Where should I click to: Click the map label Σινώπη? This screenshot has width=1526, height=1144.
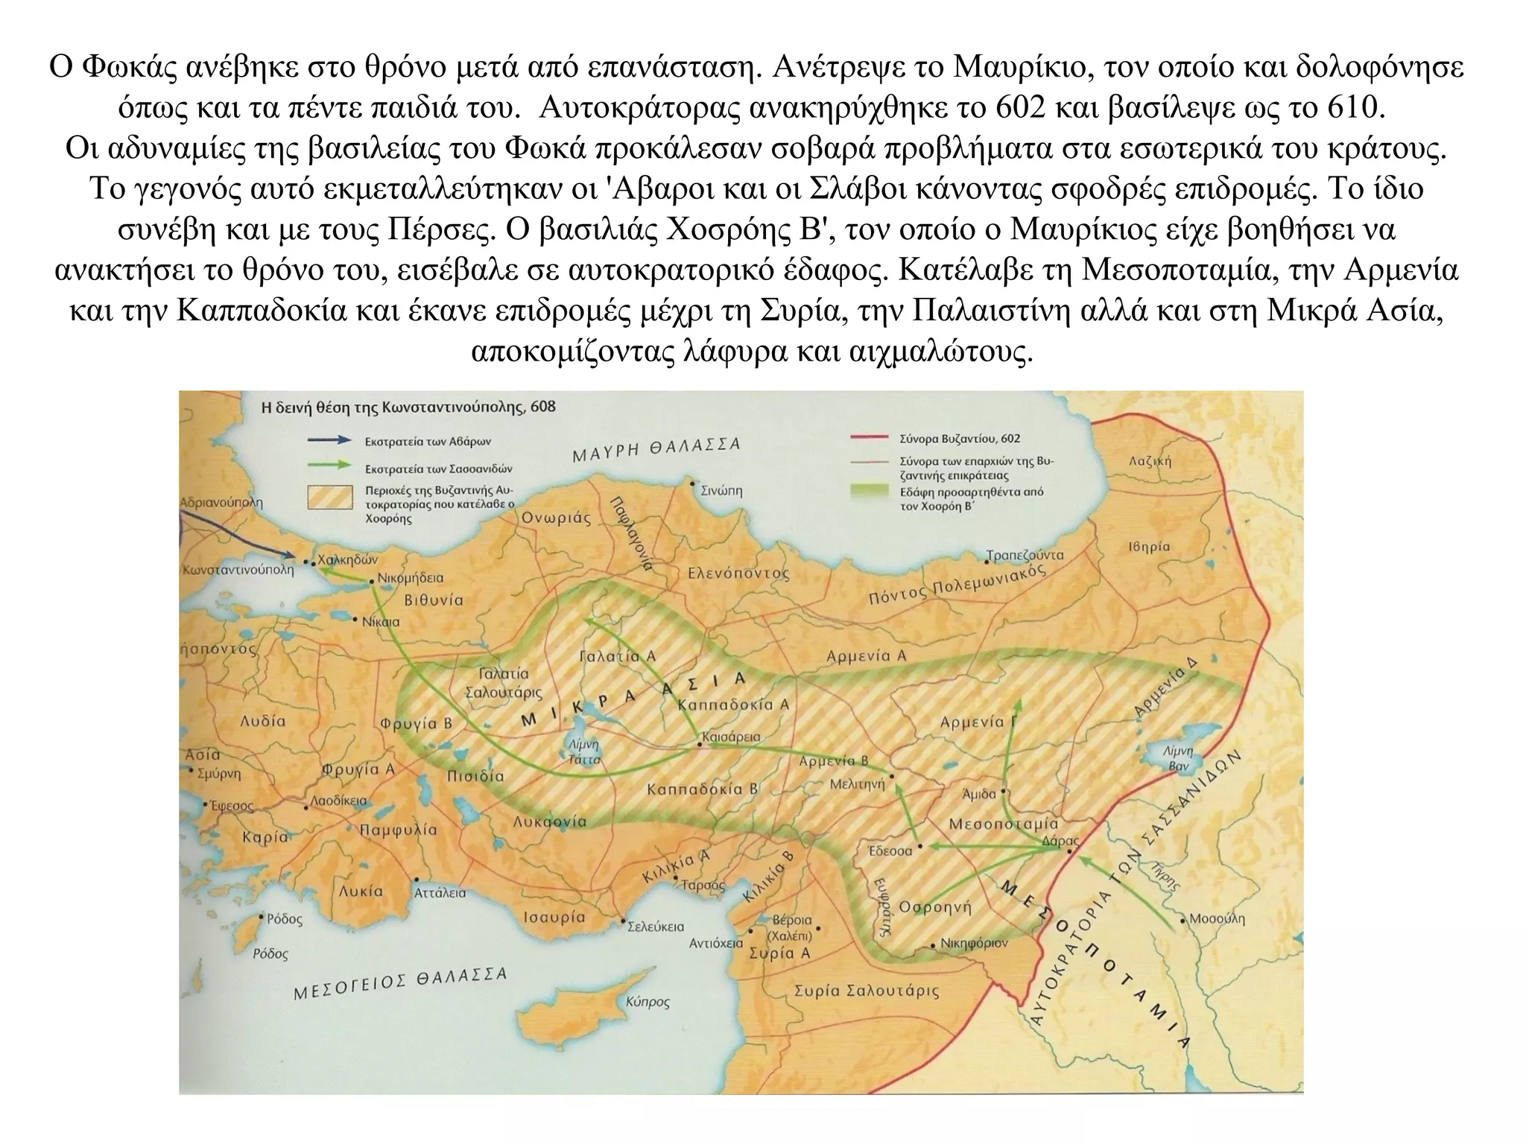[x=721, y=492]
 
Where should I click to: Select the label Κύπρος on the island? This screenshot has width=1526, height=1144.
[x=648, y=1002]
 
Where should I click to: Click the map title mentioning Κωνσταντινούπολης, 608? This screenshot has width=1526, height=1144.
[x=408, y=407]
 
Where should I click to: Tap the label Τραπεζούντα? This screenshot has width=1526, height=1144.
[x=1025, y=556]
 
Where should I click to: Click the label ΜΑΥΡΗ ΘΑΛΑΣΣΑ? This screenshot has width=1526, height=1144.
[x=656, y=450]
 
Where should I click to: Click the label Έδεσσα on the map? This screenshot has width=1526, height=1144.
[x=890, y=851]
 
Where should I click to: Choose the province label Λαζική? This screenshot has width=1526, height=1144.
[x=1150, y=461]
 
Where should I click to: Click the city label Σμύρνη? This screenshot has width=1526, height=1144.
[x=220, y=773]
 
